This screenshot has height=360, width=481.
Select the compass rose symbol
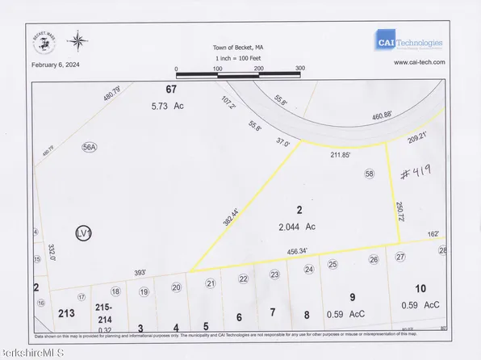coord(78,40)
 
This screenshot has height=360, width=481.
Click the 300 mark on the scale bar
coord(300,69)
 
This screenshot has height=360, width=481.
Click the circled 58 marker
coord(370,174)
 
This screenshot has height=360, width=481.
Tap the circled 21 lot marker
coord(211,283)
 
